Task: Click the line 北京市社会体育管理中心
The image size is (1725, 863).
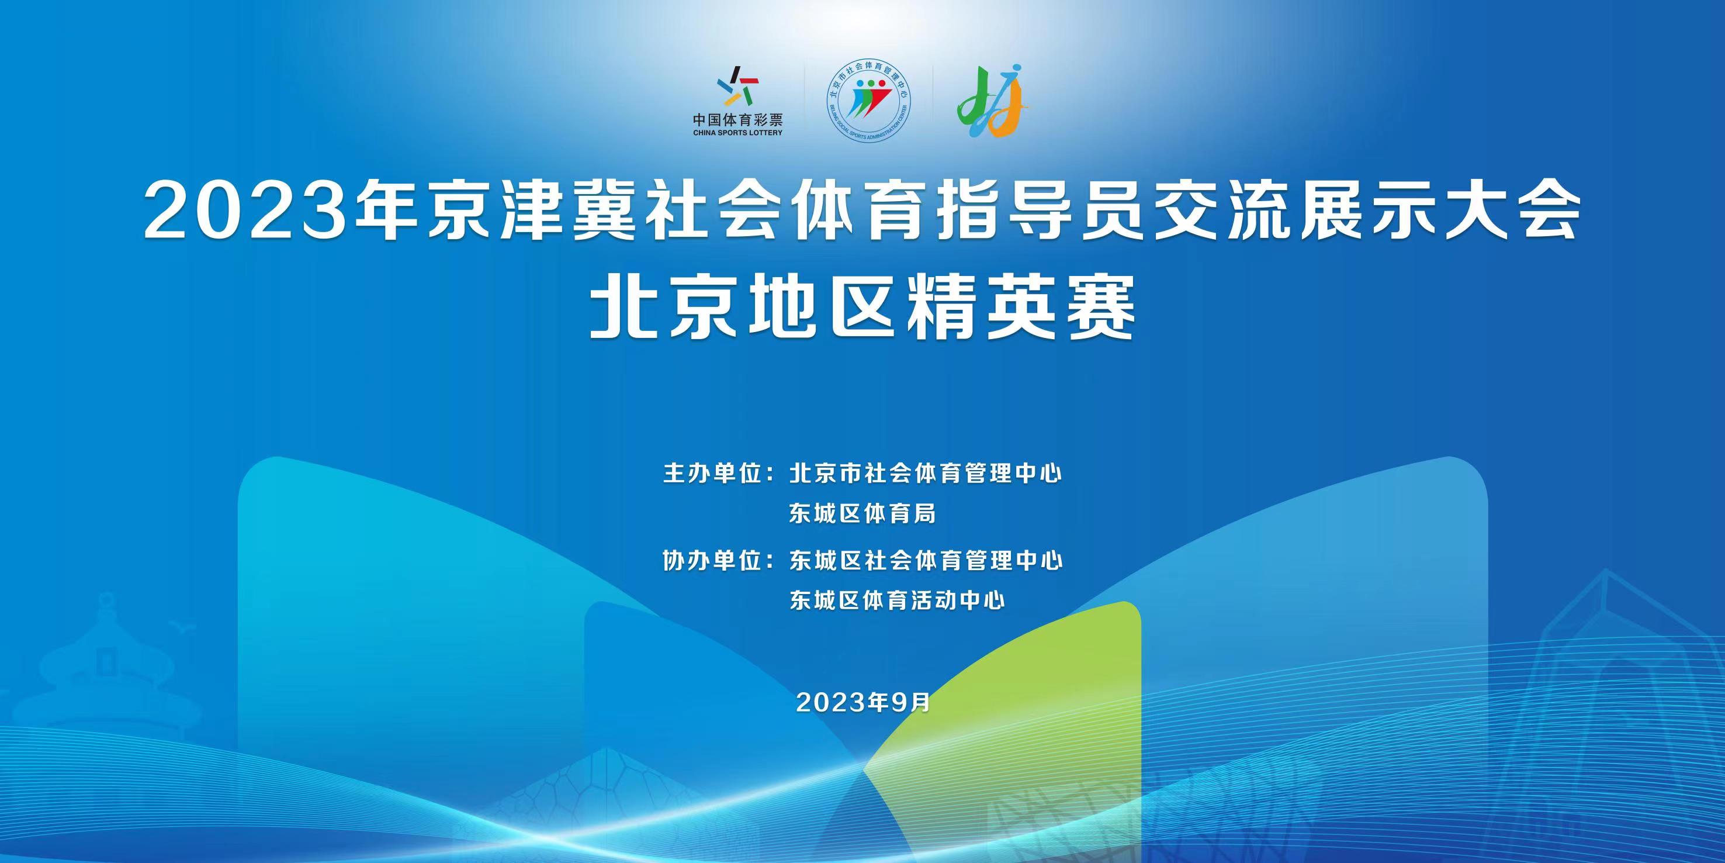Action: tap(926, 474)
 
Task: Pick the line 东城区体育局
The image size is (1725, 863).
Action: tap(862, 514)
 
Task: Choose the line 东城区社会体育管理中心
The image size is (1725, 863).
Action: tap(926, 560)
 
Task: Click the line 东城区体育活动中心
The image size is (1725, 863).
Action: tap(898, 600)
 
